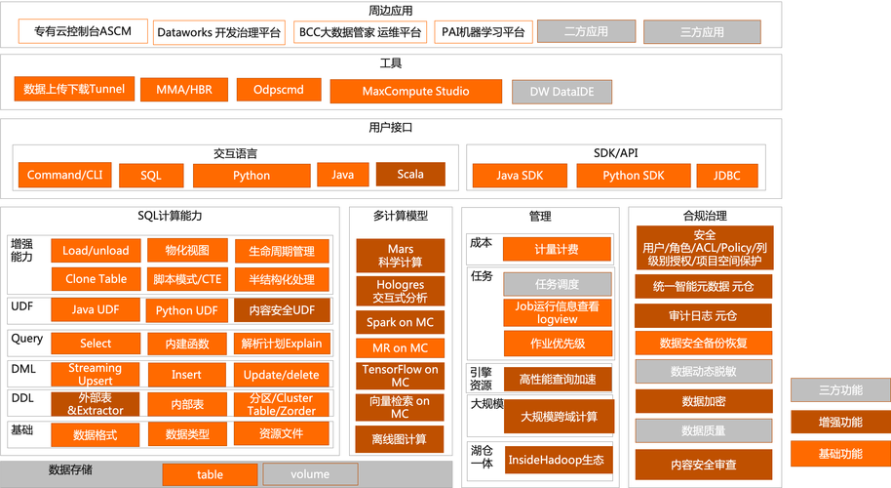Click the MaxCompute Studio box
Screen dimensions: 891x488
415,91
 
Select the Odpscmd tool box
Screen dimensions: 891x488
278,90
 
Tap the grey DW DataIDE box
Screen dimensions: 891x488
562,92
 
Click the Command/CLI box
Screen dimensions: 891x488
65,176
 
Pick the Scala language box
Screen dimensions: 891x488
410,175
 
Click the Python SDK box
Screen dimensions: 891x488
633,176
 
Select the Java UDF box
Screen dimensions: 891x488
96,310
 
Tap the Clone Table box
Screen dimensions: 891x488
96,279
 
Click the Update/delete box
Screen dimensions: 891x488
281,375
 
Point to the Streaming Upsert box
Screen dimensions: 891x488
96,375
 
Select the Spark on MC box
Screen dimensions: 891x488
400,322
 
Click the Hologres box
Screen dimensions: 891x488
400,291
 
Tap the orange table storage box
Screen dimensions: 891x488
210,475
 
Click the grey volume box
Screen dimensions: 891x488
310,475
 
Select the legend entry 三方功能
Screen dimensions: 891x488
839,389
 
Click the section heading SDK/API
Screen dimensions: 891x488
615,153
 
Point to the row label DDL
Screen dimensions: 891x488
22,397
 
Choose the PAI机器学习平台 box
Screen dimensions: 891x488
482,32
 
